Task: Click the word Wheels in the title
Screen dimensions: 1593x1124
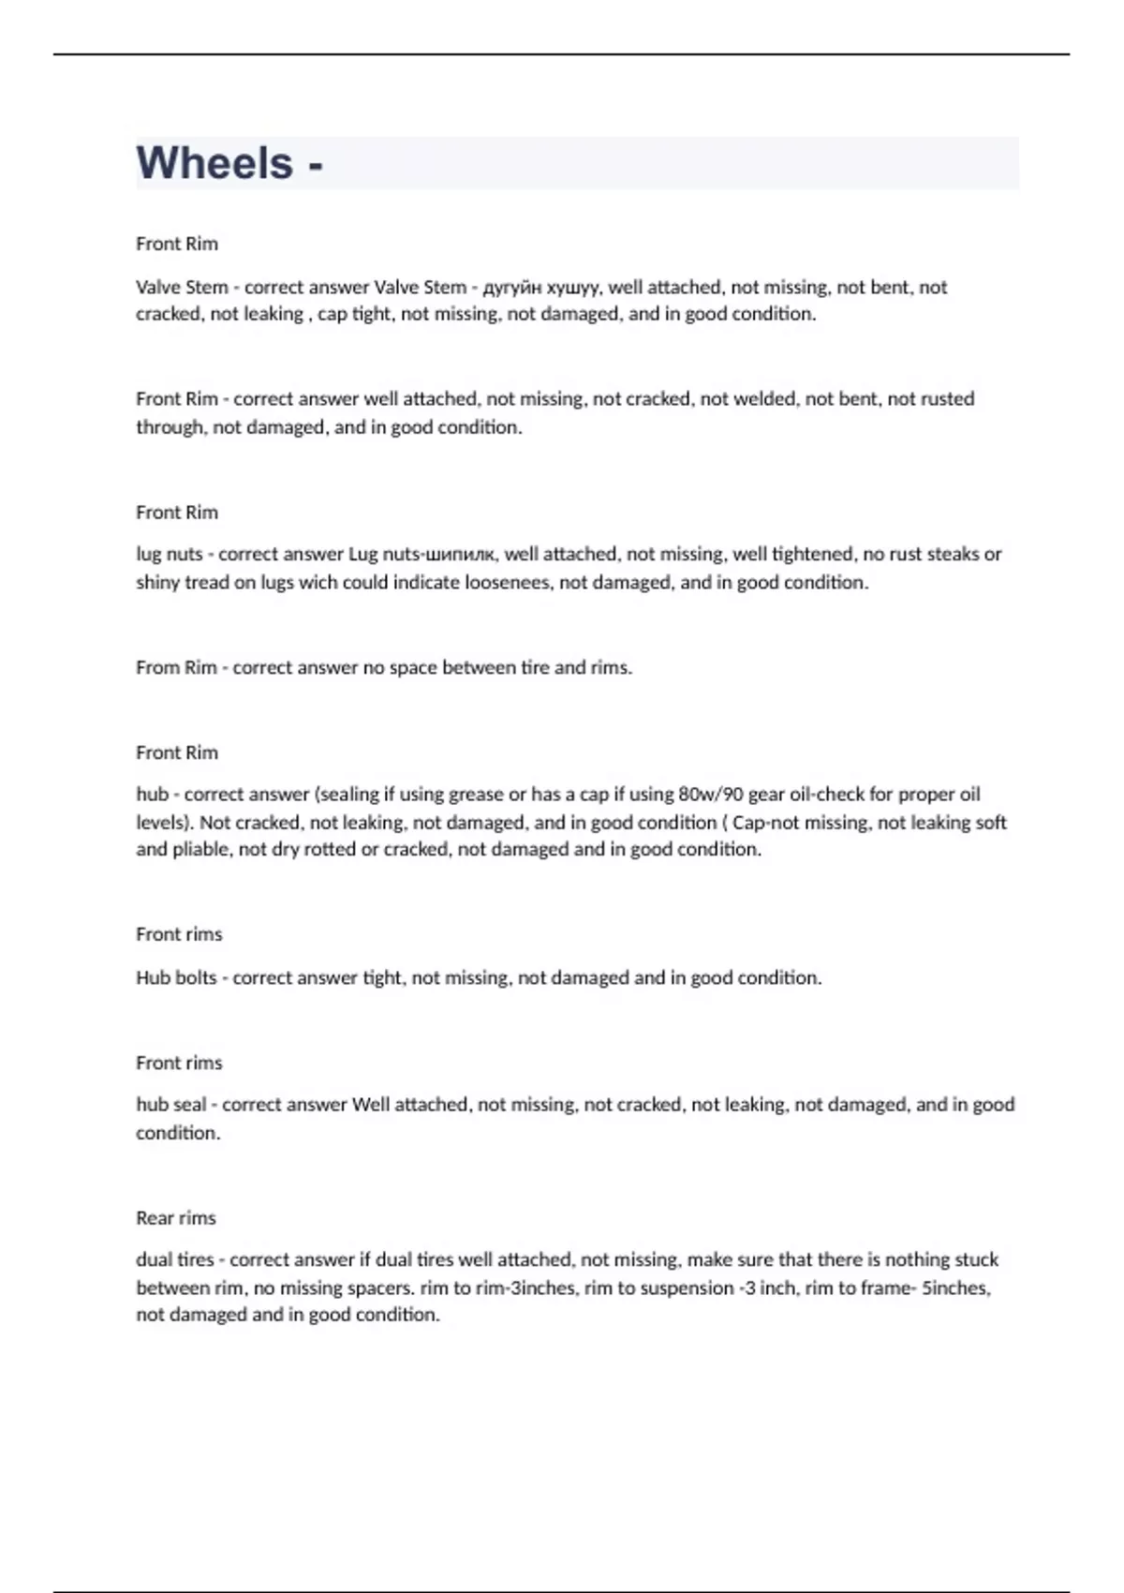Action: pos(214,163)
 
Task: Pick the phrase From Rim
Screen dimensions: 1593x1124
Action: pos(176,668)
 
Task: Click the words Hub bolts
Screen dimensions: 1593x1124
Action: pos(176,978)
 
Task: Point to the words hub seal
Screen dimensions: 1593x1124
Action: pos(170,1105)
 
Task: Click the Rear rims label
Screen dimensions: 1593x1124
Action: pos(176,1218)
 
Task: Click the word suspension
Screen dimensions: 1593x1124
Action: pos(688,1288)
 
